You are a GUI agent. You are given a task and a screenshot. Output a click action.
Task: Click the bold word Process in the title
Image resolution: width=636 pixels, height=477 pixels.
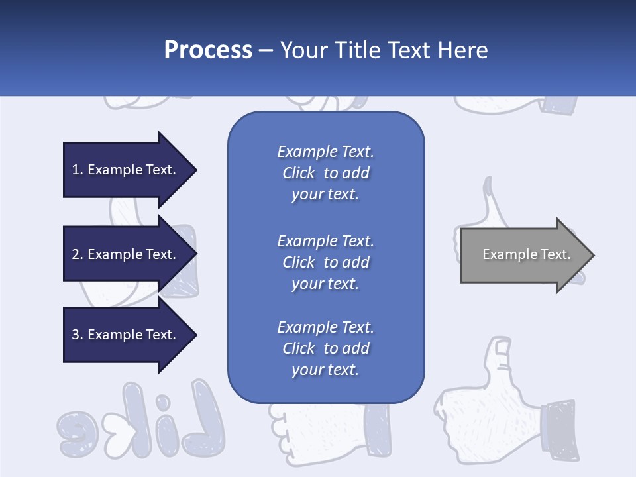click(208, 50)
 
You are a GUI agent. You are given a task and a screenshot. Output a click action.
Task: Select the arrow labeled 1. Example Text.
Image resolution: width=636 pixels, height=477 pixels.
click(126, 170)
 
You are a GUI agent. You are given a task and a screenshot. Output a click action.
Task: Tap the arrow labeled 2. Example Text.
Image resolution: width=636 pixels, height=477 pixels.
click(126, 254)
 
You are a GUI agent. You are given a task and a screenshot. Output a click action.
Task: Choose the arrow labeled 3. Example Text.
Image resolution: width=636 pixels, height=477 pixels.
click(126, 335)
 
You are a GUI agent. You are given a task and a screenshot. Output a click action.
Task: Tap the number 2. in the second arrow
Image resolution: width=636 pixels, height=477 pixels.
click(77, 254)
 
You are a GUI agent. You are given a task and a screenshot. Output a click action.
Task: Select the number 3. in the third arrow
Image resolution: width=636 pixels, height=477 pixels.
click(77, 335)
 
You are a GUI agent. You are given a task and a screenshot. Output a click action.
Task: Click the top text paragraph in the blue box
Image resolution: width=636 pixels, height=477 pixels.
click(325, 173)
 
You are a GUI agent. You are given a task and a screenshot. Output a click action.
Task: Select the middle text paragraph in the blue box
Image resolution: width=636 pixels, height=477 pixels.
click(325, 262)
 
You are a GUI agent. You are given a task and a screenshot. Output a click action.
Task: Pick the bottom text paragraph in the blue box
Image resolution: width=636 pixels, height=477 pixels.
click(325, 348)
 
